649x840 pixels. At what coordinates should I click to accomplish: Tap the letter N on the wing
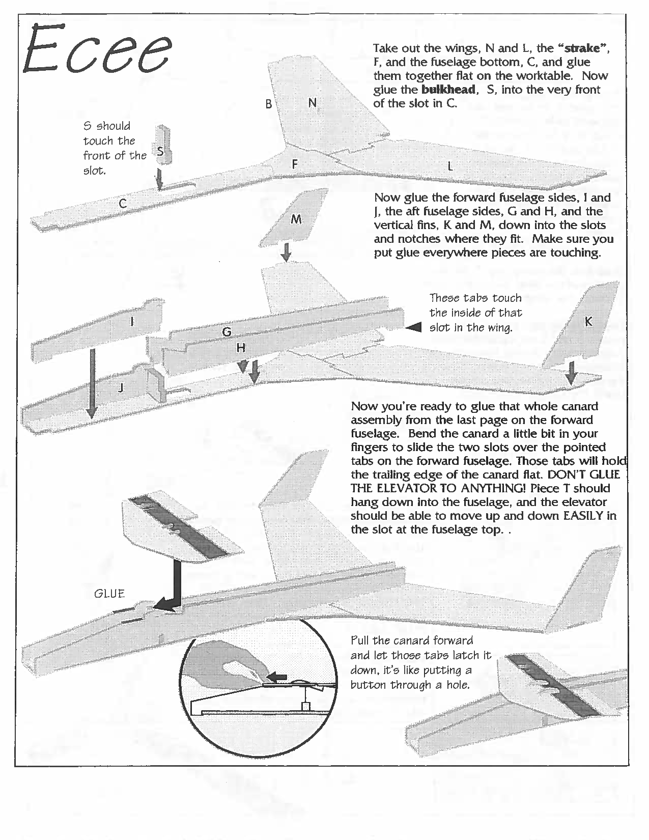(312, 102)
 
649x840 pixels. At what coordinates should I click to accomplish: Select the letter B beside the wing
(268, 104)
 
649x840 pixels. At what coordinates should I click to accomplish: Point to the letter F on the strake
(294, 164)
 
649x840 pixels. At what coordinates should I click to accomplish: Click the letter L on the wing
(450, 166)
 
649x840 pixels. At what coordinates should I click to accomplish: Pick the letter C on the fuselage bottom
(123, 204)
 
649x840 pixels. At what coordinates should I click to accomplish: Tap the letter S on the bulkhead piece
(160, 151)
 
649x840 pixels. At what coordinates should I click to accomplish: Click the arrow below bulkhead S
(160, 180)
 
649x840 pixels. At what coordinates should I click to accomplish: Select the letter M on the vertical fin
(296, 219)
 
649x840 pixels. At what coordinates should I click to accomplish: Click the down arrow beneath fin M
(287, 252)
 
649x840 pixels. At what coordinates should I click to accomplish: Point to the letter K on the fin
(588, 322)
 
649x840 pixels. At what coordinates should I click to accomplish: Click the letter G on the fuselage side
(227, 331)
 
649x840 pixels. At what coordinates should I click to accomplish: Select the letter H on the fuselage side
(241, 348)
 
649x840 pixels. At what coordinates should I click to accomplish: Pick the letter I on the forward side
(132, 321)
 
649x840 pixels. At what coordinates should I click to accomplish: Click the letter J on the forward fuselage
(121, 388)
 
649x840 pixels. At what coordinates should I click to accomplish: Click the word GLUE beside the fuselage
(109, 593)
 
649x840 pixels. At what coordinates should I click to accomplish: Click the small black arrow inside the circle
(277, 677)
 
